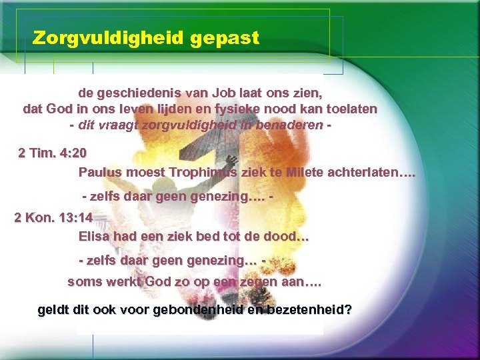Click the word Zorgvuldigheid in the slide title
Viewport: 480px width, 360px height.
pyautogui.click(x=108, y=38)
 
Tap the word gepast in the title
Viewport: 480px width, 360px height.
pyautogui.click(x=225, y=38)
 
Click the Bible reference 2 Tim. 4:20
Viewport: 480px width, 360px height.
pyautogui.click(x=52, y=153)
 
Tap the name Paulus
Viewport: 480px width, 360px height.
pyautogui.click(x=100, y=172)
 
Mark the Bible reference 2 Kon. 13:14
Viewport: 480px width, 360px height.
pyautogui.click(x=53, y=218)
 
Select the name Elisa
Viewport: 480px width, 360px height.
pyautogui.click(x=95, y=236)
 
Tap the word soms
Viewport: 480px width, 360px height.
pyautogui.click(x=85, y=281)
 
